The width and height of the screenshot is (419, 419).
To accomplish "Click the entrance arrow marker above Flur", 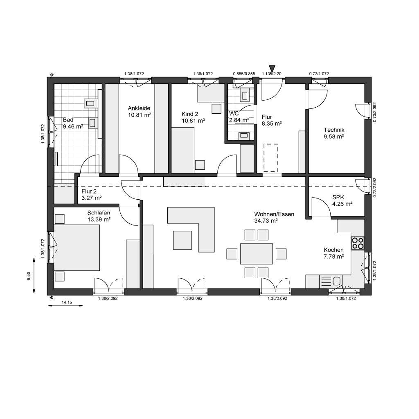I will [x=272, y=68].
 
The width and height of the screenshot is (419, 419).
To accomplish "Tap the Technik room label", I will [x=333, y=130].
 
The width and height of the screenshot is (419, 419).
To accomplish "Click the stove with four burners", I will [x=358, y=243].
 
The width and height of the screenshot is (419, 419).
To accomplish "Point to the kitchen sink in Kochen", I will [x=337, y=281].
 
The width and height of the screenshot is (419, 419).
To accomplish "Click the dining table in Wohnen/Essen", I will [x=257, y=254].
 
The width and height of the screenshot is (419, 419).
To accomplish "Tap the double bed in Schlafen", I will [x=77, y=248].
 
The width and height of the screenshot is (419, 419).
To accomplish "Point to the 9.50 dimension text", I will [x=28, y=275].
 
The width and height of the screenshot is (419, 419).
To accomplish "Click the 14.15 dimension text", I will [x=67, y=302].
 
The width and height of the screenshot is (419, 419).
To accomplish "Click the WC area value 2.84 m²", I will [x=239, y=120].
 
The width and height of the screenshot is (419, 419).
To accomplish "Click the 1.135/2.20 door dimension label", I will [x=272, y=74].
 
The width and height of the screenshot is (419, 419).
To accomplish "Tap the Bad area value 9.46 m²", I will [x=73, y=126].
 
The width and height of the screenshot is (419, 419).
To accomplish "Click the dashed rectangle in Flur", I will [x=270, y=156].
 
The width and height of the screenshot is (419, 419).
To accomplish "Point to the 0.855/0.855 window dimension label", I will [x=244, y=74].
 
